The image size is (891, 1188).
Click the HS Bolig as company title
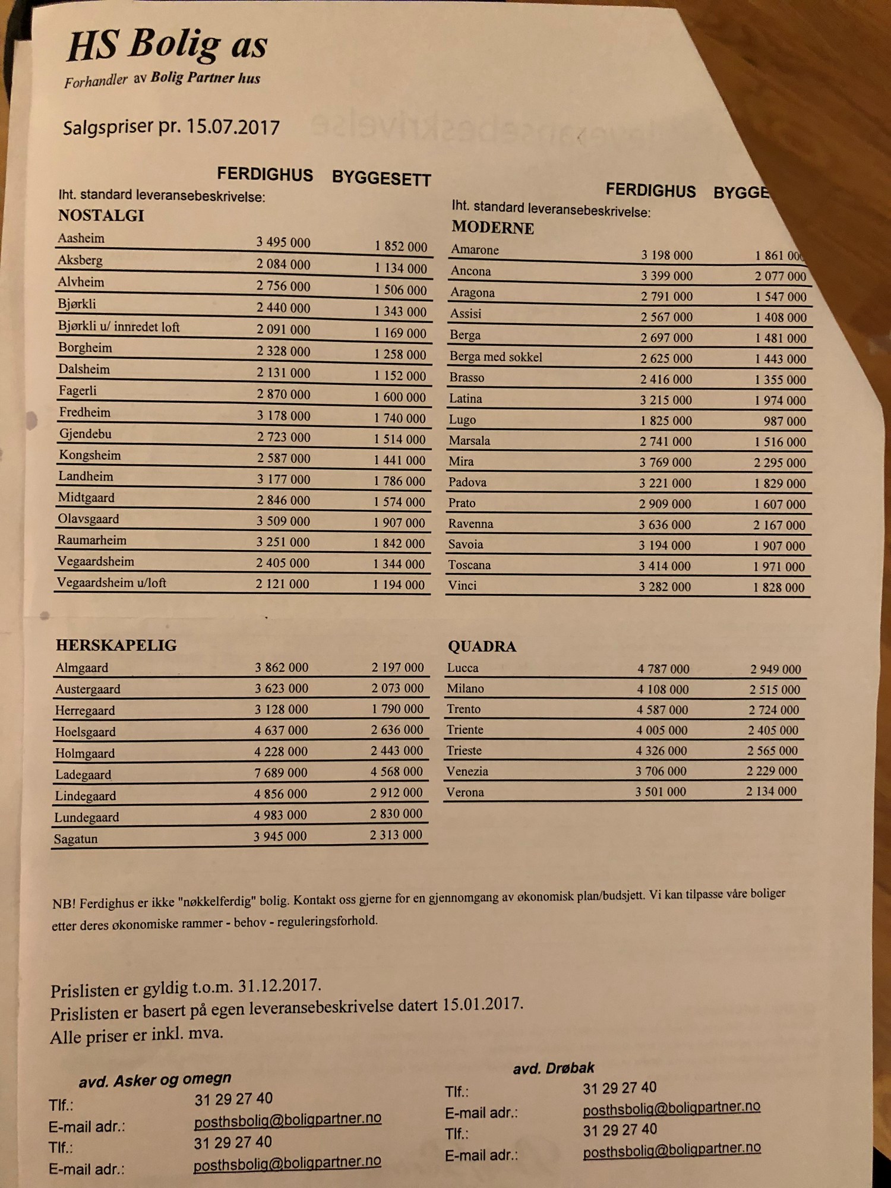click(x=168, y=46)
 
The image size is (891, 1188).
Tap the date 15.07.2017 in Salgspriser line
click(x=233, y=127)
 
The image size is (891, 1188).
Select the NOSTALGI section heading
click(x=101, y=216)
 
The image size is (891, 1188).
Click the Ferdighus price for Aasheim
click(x=283, y=242)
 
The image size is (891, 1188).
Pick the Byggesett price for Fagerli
click(x=400, y=397)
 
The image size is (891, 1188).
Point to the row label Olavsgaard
click(x=88, y=519)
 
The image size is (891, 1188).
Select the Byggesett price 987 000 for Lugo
click(x=785, y=421)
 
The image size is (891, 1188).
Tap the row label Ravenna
click(x=470, y=524)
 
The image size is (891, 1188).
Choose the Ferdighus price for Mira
click(x=665, y=462)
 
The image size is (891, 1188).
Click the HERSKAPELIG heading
click(x=116, y=646)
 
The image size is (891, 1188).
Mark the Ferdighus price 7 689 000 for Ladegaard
click(x=281, y=773)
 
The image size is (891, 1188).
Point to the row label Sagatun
click(x=75, y=839)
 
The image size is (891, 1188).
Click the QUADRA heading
click(x=482, y=647)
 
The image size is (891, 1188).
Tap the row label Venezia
click(x=467, y=772)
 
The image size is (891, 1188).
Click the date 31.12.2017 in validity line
click(x=279, y=987)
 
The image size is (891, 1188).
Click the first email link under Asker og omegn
click(x=287, y=1120)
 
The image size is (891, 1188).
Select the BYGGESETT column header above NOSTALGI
click(x=381, y=178)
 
